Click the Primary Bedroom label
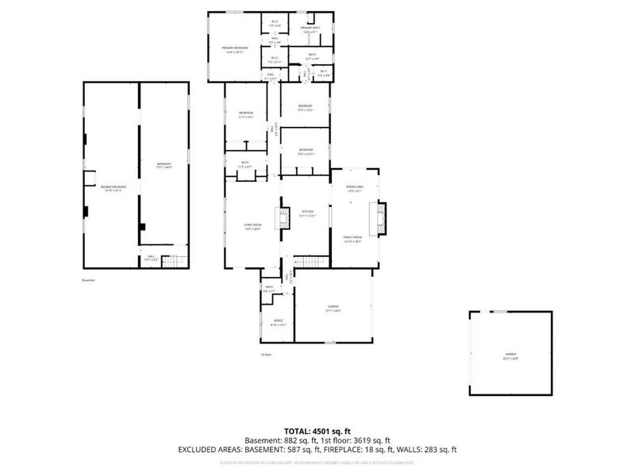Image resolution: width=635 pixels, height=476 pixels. tap(235, 49)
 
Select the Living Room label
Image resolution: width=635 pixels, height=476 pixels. tap(252, 227)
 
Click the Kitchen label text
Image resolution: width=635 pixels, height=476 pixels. tap(308, 214)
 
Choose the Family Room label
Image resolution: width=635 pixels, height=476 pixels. tap(352, 239)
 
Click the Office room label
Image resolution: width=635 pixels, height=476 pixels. tap(278, 322)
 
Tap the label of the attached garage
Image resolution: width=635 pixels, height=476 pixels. tap(333, 308)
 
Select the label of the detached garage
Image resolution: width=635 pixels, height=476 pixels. tap(510, 355)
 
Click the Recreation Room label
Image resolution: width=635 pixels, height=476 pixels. tap(110, 188)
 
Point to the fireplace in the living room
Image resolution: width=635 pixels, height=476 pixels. tap(279, 218)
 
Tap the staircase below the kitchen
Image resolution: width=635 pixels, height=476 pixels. tap(310, 263)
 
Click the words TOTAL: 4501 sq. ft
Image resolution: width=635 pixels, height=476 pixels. tap(317, 430)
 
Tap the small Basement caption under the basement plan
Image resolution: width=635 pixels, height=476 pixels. tap(88, 279)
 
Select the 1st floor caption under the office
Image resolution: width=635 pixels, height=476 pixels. tap(266, 354)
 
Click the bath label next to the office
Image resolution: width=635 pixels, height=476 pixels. tap(270, 290)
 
